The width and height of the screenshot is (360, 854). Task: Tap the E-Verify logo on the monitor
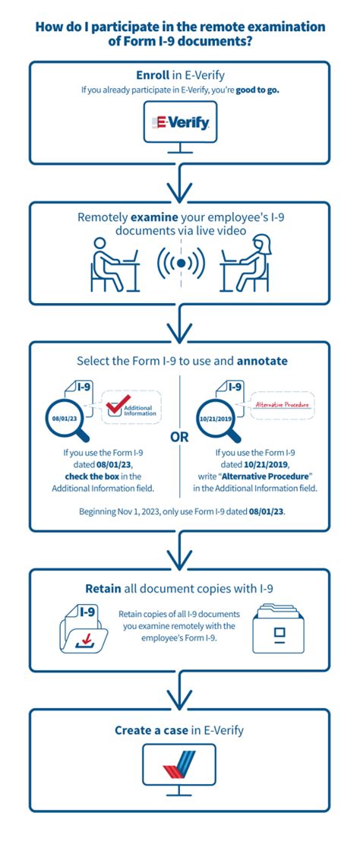(x=180, y=122)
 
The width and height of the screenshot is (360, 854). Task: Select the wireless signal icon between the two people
(x=181, y=263)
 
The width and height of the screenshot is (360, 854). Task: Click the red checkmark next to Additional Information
(x=114, y=407)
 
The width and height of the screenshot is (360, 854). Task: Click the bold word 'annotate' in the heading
(x=261, y=362)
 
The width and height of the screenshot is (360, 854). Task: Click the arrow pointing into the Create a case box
(x=180, y=691)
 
